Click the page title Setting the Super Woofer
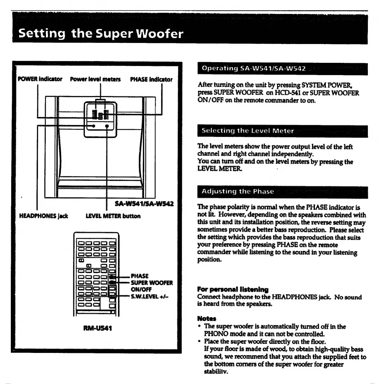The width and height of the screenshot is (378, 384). point(101,34)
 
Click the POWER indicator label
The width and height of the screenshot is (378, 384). point(40,79)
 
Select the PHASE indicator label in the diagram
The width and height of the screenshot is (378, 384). point(151,79)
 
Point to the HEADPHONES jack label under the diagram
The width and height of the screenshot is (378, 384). point(43,216)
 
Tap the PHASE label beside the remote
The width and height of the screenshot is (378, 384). point(139,276)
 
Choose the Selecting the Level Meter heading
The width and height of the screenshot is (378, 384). point(248,131)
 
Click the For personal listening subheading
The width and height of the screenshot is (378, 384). point(233,289)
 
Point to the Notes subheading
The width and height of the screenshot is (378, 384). point(207,319)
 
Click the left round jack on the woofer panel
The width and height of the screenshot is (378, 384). point(94,127)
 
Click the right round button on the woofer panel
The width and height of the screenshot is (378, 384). point(107,127)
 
